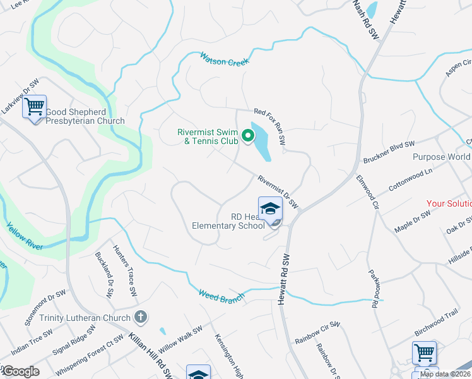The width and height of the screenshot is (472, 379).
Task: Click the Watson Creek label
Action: point(225,59)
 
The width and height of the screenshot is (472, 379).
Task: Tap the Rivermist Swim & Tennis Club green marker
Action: point(248,135)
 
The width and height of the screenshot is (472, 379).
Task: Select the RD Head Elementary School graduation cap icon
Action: point(269,208)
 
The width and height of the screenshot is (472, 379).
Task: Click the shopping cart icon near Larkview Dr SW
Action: point(35,105)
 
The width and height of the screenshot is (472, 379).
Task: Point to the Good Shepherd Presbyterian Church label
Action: point(85,116)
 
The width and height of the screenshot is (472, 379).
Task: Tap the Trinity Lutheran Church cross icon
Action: point(141,317)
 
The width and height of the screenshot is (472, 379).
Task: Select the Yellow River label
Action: point(25,235)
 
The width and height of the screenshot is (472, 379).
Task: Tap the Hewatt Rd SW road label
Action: point(285,279)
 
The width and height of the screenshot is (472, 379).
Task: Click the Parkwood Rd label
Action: point(372,288)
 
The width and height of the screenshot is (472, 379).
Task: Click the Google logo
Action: point(21,371)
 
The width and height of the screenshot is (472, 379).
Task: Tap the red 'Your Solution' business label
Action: point(449,203)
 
